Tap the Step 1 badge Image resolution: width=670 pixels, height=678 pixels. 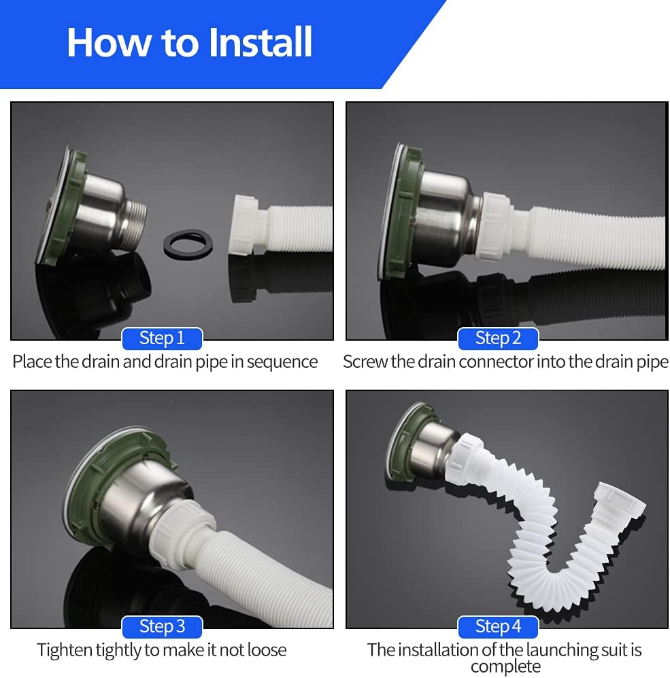[162, 338]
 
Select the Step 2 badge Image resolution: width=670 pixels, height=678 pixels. [498, 338]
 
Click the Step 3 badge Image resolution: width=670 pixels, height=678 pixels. [162, 626]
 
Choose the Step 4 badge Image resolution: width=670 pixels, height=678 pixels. [498, 626]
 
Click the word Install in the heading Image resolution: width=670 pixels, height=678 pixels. [261, 42]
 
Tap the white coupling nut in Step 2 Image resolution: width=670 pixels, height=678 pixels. [497, 226]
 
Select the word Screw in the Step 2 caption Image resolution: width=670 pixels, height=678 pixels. [365, 362]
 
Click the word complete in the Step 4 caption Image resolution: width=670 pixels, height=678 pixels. [505, 666]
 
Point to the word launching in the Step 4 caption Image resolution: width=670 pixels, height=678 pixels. [560, 650]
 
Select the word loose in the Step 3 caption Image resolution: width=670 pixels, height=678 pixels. [265, 650]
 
